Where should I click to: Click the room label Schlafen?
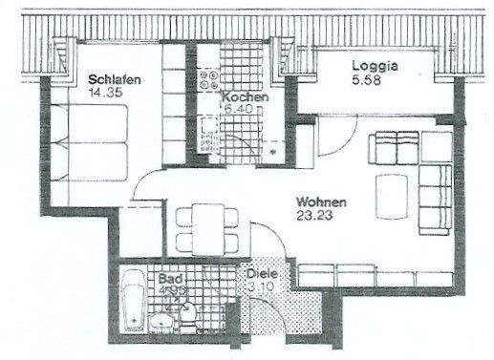115,80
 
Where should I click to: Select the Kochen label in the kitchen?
245,97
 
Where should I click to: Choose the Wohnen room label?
321,202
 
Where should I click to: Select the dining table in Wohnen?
208,226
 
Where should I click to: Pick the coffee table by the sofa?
390,195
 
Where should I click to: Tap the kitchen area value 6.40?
239,111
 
